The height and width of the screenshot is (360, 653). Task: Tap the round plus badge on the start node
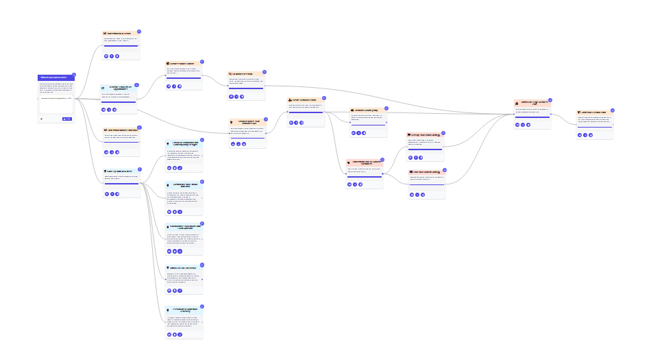click(74, 74)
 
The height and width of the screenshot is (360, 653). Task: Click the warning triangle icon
click(517, 103)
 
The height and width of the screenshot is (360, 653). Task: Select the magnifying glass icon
click(231, 74)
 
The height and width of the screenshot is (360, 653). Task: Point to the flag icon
click(409, 134)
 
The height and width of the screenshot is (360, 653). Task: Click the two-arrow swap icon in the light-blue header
click(103, 88)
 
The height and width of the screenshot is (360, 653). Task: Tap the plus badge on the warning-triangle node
click(550, 100)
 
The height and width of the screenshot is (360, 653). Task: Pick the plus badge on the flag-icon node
click(443, 133)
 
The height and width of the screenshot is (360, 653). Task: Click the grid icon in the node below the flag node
click(410, 171)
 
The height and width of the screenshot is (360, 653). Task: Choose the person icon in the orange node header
click(290, 99)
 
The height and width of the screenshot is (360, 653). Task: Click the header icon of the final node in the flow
click(579, 112)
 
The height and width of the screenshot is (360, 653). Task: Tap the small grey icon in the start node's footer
click(41, 119)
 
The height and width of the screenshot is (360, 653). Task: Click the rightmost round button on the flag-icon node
click(422, 156)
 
